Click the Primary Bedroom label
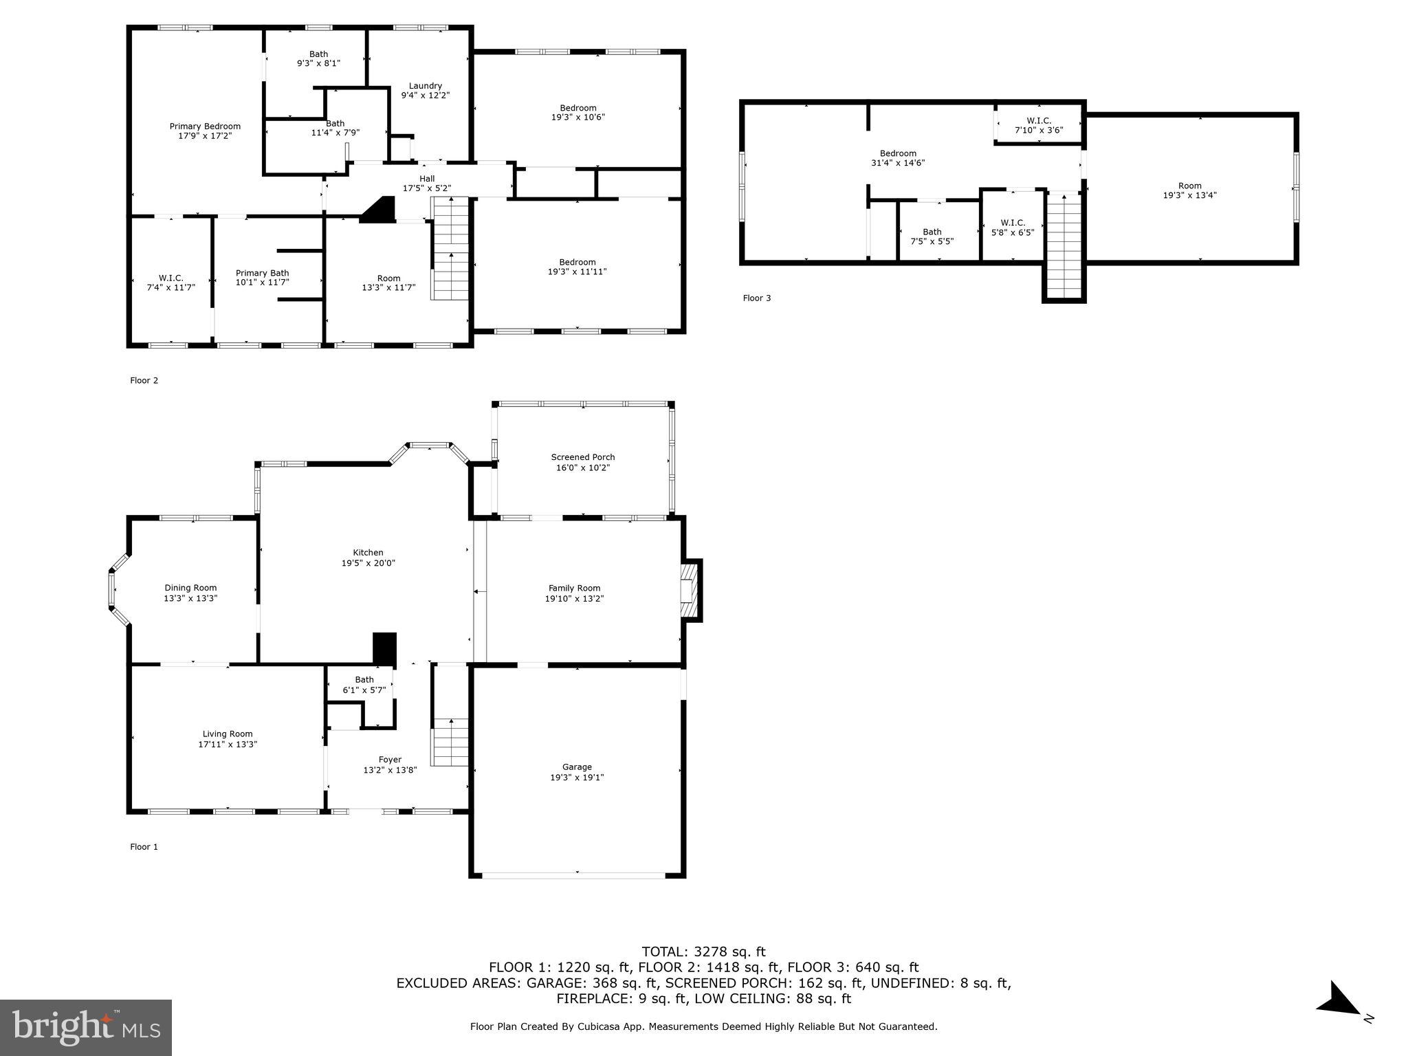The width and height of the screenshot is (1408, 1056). (x=205, y=126)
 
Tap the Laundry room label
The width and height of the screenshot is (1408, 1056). (x=425, y=86)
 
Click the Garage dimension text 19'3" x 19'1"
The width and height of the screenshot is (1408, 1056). (x=577, y=778)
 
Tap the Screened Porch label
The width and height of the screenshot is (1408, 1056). (x=583, y=457)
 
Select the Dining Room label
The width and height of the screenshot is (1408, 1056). (x=190, y=588)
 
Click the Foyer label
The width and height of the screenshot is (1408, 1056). (x=390, y=760)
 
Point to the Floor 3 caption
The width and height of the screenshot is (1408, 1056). (x=757, y=298)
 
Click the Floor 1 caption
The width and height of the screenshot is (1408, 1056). (x=144, y=847)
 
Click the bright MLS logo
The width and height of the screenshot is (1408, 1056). (x=86, y=1027)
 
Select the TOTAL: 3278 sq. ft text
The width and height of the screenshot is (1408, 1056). (x=703, y=952)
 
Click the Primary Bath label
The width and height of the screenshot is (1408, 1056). (x=262, y=273)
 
